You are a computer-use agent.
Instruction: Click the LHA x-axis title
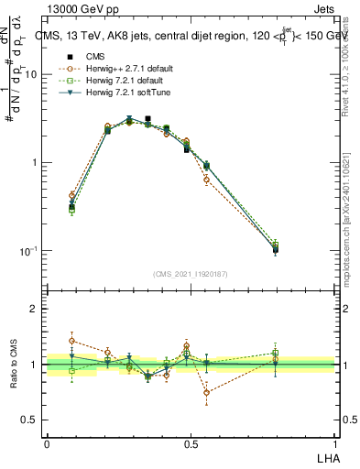pyautogui.click(x=327, y=456)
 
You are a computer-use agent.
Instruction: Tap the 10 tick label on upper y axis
pyautogui.click(x=30, y=75)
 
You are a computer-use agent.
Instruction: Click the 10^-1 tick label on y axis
pyautogui.click(x=28, y=251)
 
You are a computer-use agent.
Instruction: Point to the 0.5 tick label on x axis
pyautogui.click(x=191, y=444)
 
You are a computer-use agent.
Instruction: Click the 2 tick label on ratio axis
pyautogui.click(x=34, y=309)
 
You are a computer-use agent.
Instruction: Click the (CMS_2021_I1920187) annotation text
pyautogui.click(x=191, y=274)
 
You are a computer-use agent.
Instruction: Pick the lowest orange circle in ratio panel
pyautogui.click(x=207, y=393)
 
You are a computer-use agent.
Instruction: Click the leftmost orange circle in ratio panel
pyautogui.click(x=72, y=341)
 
